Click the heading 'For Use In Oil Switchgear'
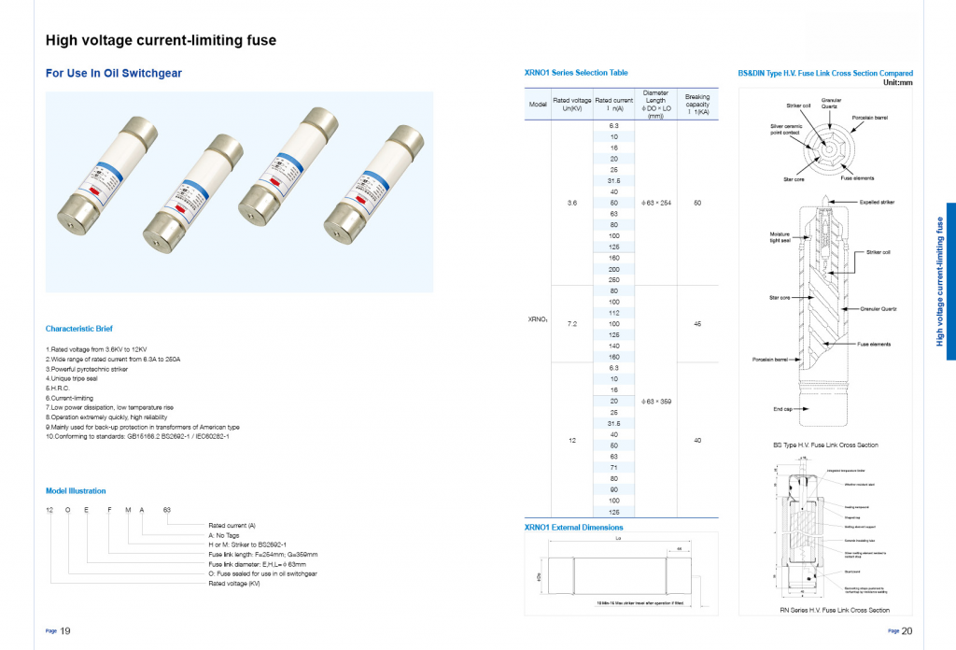tap(114, 73)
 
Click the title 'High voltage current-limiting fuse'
tap(161, 40)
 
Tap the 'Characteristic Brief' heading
tap(79, 329)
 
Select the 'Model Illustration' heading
tap(76, 490)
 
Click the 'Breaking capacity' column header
tap(697, 105)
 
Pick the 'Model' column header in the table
tap(538, 105)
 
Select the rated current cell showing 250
tap(613, 280)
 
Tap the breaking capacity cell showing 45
tap(697, 323)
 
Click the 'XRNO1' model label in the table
tap(538, 319)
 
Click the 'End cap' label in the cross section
tap(782, 408)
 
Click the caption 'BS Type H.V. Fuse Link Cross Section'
tap(825, 445)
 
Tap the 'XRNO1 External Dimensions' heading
tap(574, 527)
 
